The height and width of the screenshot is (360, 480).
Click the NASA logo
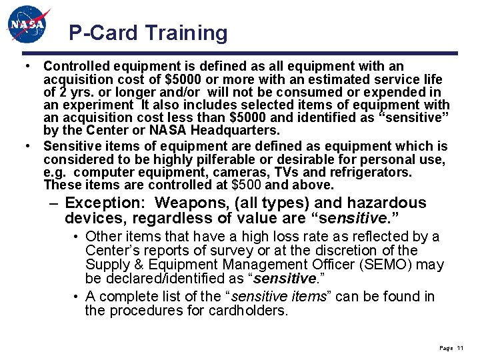29,25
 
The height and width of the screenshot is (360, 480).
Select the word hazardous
382,203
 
